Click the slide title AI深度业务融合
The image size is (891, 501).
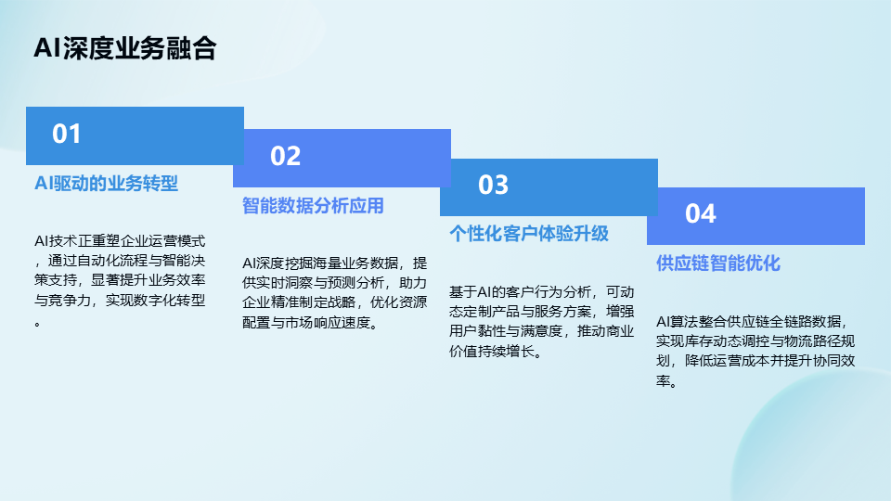pos(125,48)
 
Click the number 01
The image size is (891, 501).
pos(67,134)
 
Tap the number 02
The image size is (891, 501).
pos(285,156)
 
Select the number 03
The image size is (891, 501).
pos(493,186)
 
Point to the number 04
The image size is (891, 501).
pos(701,214)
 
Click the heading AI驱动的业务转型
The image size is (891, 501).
pos(106,184)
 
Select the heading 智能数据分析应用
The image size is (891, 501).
pos(313,206)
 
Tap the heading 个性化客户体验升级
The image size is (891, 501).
pos(529,234)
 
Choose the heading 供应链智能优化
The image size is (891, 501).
pos(718,263)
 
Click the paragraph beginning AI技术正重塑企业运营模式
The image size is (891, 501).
pos(120,280)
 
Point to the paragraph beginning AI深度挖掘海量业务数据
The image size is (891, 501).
pos(335,292)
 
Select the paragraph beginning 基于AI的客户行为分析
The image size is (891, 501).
pos(541,322)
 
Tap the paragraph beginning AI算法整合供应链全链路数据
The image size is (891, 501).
pos(755,351)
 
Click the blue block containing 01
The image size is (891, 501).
pos(136,135)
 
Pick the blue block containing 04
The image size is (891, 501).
pos(755,216)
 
